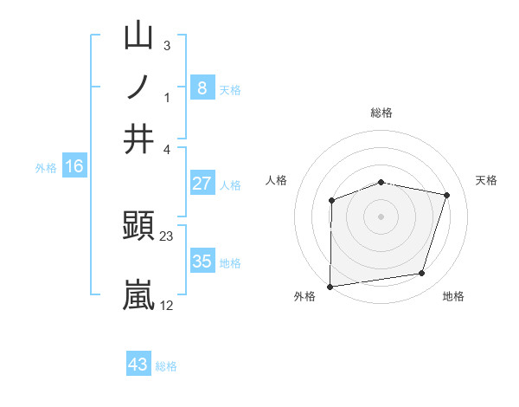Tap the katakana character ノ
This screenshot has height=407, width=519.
point(139,87)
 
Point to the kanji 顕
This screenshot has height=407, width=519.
point(139,227)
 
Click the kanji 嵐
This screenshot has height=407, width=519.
point(139,294)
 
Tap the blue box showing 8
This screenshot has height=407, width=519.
point(202,87)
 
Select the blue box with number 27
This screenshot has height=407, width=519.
point(202,184)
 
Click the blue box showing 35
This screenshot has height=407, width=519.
point(202,261)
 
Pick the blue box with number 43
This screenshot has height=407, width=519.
point(138,365)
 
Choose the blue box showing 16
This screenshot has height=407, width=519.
point(74,166)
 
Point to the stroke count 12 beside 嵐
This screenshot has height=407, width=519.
point(167,305)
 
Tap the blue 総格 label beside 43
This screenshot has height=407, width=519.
point(166,366)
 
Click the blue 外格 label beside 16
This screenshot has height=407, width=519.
point(46,168)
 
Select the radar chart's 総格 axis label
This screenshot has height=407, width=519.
point(381,113)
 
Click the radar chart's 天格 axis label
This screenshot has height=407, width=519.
point(487,180)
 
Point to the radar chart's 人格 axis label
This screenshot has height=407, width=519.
point(277,180)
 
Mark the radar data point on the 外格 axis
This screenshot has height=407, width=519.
point(330,287)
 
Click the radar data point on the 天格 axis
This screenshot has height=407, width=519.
point(447,195)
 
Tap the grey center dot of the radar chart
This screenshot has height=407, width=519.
point(381,216)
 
